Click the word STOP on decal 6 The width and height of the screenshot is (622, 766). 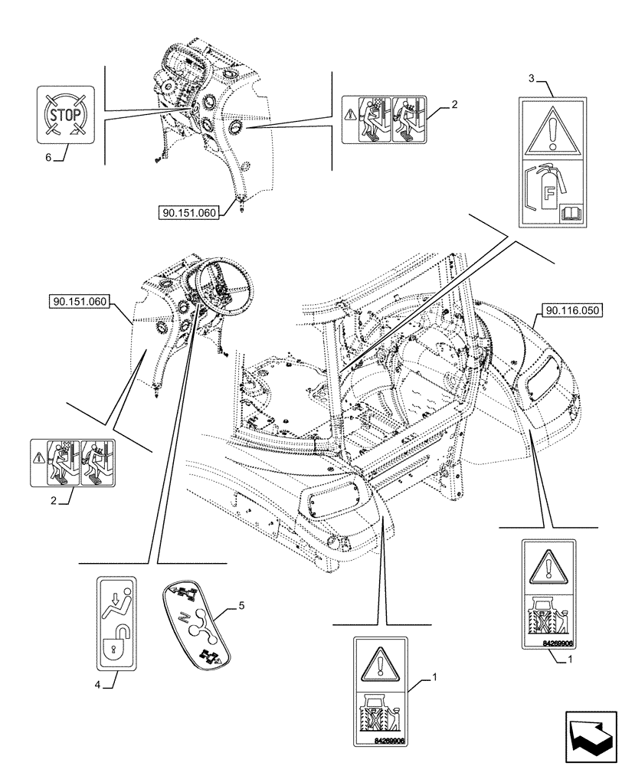point(64,116)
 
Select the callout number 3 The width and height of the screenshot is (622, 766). point(532,78)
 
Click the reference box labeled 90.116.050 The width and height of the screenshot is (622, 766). point(573,310)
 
